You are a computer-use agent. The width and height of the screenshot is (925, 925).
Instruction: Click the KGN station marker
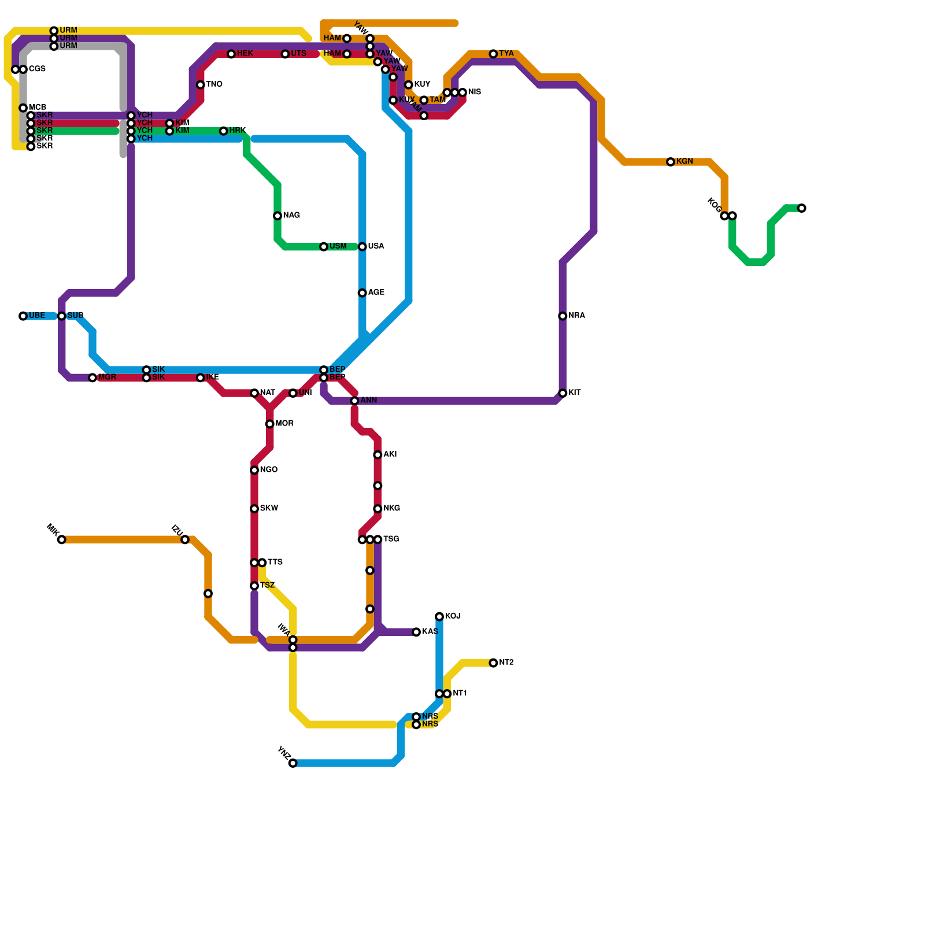[670, 162]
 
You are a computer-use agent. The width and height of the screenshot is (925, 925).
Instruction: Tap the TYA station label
[506, 54]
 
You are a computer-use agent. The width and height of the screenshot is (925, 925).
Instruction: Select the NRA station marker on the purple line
[563, 316]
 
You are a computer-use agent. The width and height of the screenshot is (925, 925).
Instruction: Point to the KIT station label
[574, 393]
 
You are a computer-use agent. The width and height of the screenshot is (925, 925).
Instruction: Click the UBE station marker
[23, 316]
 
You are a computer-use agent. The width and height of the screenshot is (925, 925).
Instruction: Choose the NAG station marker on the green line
[277, 216]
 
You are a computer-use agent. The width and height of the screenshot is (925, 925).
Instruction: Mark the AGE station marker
[362, 293]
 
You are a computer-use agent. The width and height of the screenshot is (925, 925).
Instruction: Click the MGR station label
[107, 378]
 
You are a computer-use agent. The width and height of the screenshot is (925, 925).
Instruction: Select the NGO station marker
[254, 471]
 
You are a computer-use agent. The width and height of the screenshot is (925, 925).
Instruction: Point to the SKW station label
[269, 509]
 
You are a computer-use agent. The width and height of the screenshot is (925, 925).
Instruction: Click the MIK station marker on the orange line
[62, 540]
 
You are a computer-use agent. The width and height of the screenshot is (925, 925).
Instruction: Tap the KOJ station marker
[439, 617]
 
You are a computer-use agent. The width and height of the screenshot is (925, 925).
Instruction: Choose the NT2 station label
[506, 663]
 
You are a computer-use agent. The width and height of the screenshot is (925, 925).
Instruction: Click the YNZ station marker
[293, 763]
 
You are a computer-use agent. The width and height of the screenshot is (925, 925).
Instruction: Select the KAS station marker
[416, 632]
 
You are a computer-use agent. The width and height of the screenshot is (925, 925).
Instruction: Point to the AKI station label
[390, 454]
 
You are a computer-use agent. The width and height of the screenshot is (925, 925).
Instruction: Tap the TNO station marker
[201, 85]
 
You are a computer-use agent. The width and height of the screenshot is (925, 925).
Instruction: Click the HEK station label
[245, 54]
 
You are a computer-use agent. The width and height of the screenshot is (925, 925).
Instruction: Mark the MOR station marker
[270, 424]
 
